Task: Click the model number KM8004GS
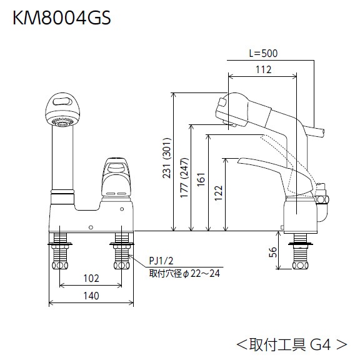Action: coord(62,18)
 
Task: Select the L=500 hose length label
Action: coord(262,54)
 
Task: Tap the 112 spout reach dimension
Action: coord(263,69)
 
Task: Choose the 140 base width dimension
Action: coord(91,297)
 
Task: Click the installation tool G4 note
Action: coord(291,343)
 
